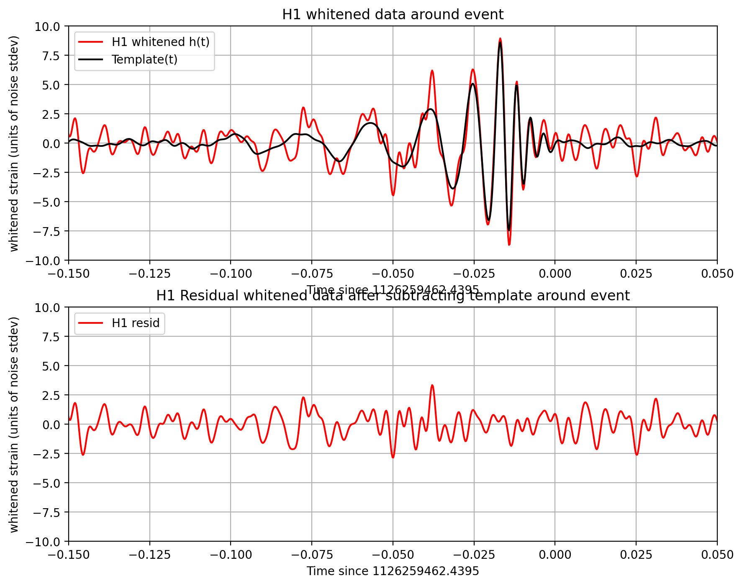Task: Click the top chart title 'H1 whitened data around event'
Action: [393, 15]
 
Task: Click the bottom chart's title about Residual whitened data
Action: [393, 296]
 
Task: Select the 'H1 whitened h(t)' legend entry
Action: [160, 42]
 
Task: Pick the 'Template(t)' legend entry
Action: [144, 60]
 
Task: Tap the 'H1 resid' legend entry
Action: [136, 323]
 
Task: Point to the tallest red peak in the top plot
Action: [500, 38]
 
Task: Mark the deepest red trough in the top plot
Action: [509, 245]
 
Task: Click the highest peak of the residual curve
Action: [432, 385]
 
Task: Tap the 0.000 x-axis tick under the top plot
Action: [555, 274]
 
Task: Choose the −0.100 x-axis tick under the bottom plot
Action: [231, 555]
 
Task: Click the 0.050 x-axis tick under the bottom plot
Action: [717, 555]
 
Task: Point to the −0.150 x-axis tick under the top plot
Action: [69, 274]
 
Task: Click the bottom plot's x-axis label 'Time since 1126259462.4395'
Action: [393, 571]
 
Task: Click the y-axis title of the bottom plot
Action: [14, 425]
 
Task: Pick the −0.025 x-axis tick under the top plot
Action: [474, 274]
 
